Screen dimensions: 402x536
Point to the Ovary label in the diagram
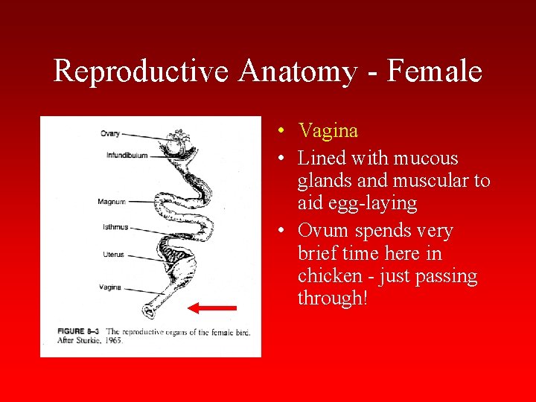[x=109, y=134]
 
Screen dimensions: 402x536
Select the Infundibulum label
[x=127, y=156]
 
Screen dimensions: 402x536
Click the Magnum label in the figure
[x=111, y=202]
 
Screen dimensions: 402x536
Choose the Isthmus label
[x=115, y=227]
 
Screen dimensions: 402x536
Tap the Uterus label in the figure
[x=114, y=255]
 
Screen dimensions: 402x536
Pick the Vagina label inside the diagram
[x=110, y=287]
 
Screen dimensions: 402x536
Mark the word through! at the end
[x=333, y=298]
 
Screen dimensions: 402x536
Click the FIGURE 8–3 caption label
[x=79, y=331]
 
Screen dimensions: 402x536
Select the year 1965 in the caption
[x=114, y=340]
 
